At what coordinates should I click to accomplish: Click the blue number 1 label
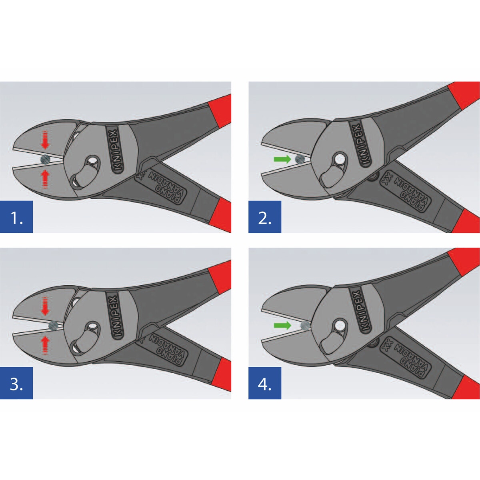coord(16,217)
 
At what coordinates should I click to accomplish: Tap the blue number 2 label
coord(265,217)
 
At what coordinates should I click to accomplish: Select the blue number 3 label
coord(16,383)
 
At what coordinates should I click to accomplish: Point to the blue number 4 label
coord(265,383)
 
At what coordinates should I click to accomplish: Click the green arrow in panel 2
coord(282,159)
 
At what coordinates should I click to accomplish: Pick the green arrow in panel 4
coord(282,325)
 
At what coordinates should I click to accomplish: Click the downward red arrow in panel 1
coord(45,140)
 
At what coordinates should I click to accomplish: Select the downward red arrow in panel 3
coord(45,306)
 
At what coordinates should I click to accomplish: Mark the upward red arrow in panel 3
coord(45,345)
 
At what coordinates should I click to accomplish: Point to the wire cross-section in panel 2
coord(300,159)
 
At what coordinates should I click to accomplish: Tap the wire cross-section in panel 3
coord(53,326)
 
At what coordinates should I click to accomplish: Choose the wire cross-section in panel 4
coord(305,325)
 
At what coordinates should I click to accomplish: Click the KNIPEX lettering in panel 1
coord(115,150)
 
